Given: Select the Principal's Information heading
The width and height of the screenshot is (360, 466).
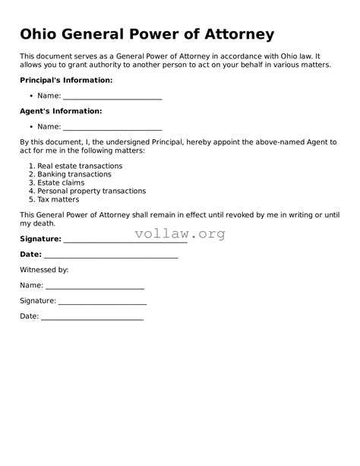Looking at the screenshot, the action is (x=66, y=80).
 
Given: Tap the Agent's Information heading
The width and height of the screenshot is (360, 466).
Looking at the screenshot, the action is (x=61, y=111).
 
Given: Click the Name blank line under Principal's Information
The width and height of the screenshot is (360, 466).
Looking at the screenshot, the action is (x=112, y=98).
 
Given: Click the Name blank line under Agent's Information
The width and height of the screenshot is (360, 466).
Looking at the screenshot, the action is (x=112, y=129).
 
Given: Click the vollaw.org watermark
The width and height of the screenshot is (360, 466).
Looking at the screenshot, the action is (x=180, y=234).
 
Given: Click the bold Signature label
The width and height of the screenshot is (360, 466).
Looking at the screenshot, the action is (x=40, y=239).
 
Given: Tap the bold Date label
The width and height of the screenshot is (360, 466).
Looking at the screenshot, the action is (x=30, y=254).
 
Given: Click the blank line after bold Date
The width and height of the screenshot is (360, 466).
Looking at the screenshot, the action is (x=111, y=257).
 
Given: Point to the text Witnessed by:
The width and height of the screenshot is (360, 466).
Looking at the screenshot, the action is (x=44, y=270).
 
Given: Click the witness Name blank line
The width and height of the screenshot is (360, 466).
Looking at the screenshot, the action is (x=95, y=288).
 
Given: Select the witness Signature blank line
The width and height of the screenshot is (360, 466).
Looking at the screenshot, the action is (x=103, y=303).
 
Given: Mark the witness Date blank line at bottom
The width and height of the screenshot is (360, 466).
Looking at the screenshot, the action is (x=92, y=319).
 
